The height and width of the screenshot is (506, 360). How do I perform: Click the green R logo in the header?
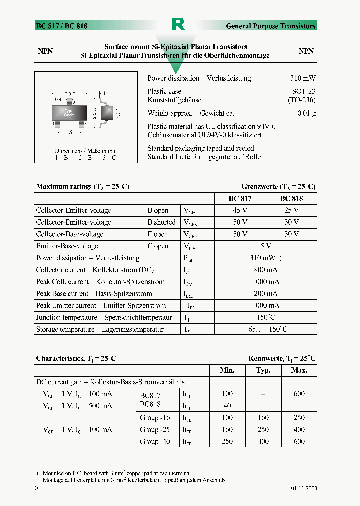(x=178, y=24)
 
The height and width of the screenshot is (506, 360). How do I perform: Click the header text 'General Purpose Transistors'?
(x=271, y=26)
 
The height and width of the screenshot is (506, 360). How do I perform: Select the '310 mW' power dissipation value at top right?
(x=303, y=78)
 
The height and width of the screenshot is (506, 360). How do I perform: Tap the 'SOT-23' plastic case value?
(x=304, y=91)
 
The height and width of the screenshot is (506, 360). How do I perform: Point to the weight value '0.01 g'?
(x=306, y=113)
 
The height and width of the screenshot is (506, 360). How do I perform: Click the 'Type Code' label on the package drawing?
(x=69, y=113)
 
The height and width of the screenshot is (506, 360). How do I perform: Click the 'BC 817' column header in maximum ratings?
(x=240, y=198)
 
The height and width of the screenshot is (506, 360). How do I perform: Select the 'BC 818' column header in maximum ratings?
(x=291, y=198)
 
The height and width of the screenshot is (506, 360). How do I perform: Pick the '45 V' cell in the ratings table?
(x=240, y=210)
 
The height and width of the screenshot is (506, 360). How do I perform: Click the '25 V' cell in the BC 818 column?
(x=291, y=210)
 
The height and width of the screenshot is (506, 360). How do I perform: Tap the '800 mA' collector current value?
(x=265, y=270)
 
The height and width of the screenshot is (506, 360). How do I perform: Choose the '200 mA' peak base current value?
(x=265, y=294)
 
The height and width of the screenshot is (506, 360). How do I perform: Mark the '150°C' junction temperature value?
(x=265, y=317)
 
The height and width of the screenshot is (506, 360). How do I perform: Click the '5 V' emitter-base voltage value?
(x=265, y=246)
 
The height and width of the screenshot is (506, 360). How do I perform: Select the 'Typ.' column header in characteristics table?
(x=263, y=370)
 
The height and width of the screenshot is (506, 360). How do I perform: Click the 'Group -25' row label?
(x=155, y=429)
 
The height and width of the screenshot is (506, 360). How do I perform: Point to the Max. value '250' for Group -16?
(x=299, y=417)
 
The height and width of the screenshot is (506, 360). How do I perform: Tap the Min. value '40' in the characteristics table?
(x=227, y=406)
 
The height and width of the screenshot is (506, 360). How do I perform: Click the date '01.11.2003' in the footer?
(x=304, y=488)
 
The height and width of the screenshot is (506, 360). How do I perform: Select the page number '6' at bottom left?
(x=36, y=488)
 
